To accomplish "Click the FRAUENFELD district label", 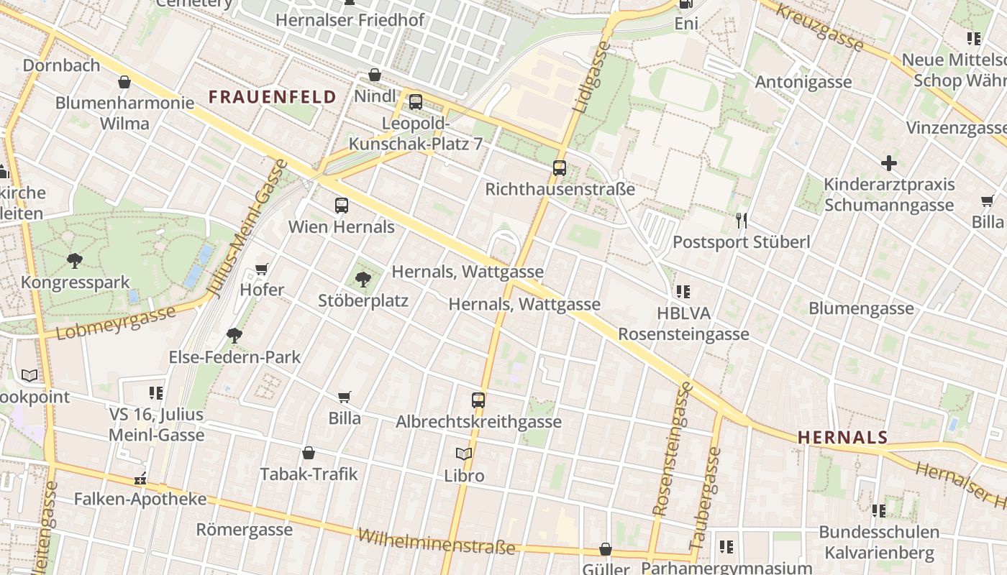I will pyautogui.click(x=273, y=97).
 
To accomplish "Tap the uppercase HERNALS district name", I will pyautogui.click(x=843, y=437).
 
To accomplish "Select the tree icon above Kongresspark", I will pyautogui.click(x=74, y=261).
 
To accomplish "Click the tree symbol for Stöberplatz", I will pyautogui.click(x=363, y=279).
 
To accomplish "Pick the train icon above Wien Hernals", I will pyautogui.click(x=342, y=206).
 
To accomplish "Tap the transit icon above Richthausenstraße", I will pyautogui.click(x=560, y=169).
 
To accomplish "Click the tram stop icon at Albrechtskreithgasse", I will pyautogui.click(x=478, y=400).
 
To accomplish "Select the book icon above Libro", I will pyautogui.click(x=464, y=454).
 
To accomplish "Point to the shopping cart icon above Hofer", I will pyautogui.click(x=262, y=270).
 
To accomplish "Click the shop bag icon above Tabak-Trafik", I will pyautogui.click(x=309, y=453).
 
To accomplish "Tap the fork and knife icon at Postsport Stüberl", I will pyautogui.click(x=742, y=221).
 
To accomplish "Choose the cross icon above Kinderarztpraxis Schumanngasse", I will pyautogui.click(x=889, y=163).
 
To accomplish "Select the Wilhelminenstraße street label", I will pyautogui.click(x=437, y=542).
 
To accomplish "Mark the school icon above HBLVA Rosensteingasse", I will pyautogui.click(x=683, y=292).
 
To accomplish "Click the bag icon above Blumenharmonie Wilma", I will pyautogui.click(x=124, y=82).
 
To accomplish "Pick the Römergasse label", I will pyautogui.click(x=245, y=530).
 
